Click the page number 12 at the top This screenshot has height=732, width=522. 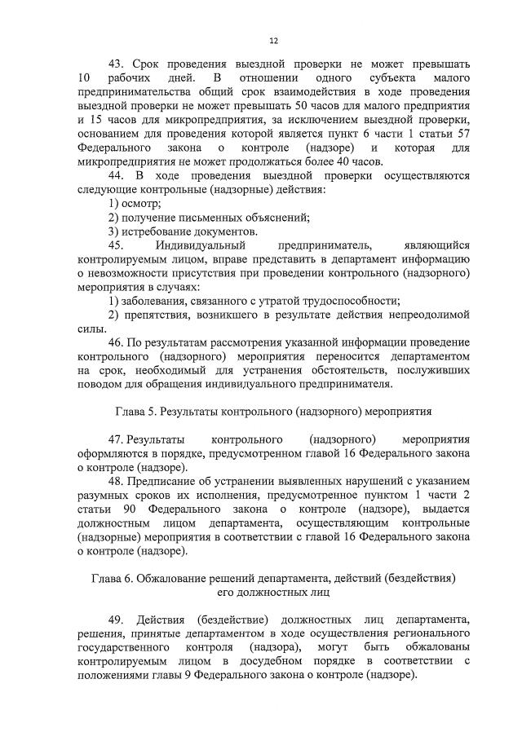[274, 40]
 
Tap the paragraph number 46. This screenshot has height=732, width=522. [116, 342]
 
